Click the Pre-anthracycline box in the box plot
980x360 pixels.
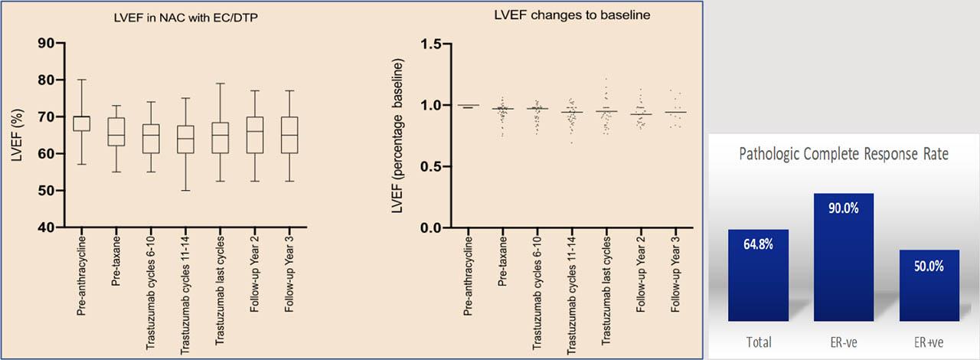[80, 123]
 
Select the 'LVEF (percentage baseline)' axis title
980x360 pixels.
[398, 137]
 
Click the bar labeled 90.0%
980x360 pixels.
[843, 257]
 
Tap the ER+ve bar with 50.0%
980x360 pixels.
[928, 285]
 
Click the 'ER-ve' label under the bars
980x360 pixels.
[843, 342]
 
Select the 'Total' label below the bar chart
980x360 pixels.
[759, 342]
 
